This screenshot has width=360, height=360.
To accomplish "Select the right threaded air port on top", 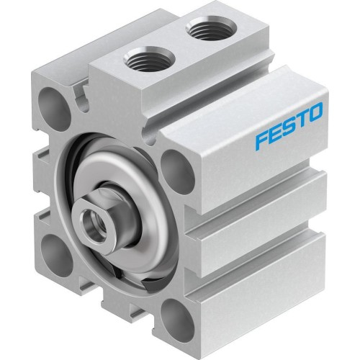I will pyautogui.click(x=204, y=31).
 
